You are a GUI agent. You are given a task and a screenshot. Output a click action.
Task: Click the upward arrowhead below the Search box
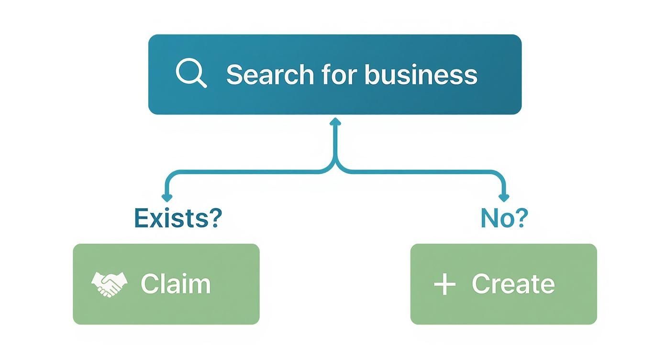click(335, 122)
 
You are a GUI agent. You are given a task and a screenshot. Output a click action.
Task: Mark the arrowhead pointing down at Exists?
click(166, 197)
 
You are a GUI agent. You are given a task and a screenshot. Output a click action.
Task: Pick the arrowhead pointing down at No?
click(504, 197)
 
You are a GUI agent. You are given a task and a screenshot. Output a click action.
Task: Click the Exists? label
click(178, 218)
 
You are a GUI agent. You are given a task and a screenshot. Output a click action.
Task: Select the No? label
click(504, 218)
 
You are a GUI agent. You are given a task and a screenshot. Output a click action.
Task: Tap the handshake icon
click(110, 284)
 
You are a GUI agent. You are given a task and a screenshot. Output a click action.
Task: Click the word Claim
click(176, 284)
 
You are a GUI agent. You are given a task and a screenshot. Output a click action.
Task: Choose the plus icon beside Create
click(444, 284)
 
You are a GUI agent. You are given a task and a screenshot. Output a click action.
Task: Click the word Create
click(513, 284)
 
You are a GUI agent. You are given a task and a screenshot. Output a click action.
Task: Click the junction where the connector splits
click(335, 165)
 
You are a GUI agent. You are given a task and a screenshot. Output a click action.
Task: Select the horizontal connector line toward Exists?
click(249, 172)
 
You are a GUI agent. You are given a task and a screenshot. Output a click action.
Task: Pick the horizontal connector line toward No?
click(421, 172)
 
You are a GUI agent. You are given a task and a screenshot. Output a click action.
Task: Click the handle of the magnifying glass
click(202, 83)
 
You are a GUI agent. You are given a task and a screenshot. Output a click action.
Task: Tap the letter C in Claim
click(150, 284)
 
